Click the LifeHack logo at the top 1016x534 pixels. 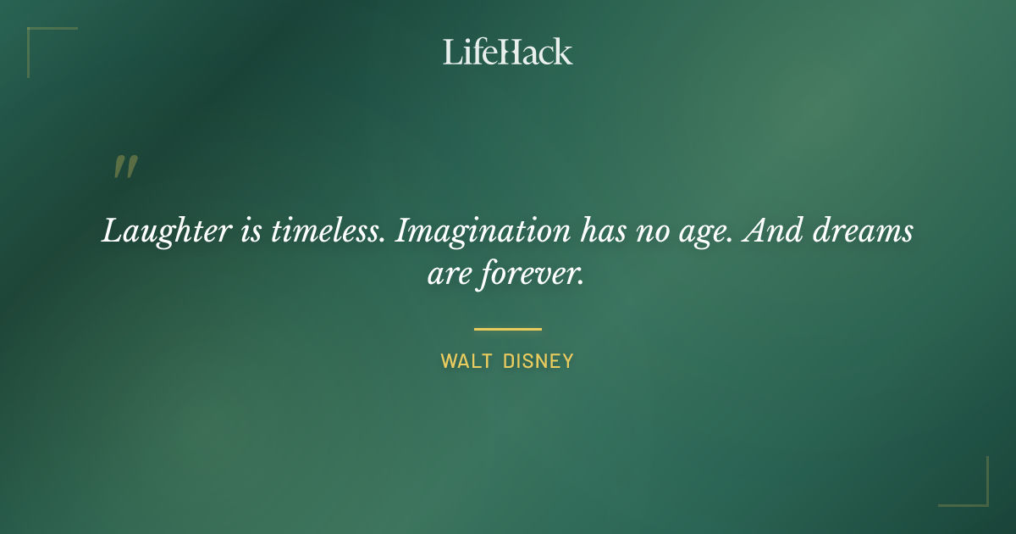pos(508,52)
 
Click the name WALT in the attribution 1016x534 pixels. pos(465,362)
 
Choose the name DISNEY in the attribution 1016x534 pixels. pos(538,362)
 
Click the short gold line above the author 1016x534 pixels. pos(508,329)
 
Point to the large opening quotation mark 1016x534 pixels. pos(124,167)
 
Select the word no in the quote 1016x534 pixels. pos(653,231)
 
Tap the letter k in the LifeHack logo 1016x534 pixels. pos(563,52)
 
